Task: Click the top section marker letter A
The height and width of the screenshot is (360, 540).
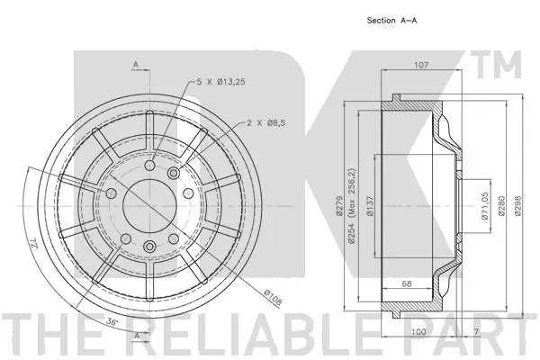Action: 134,65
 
